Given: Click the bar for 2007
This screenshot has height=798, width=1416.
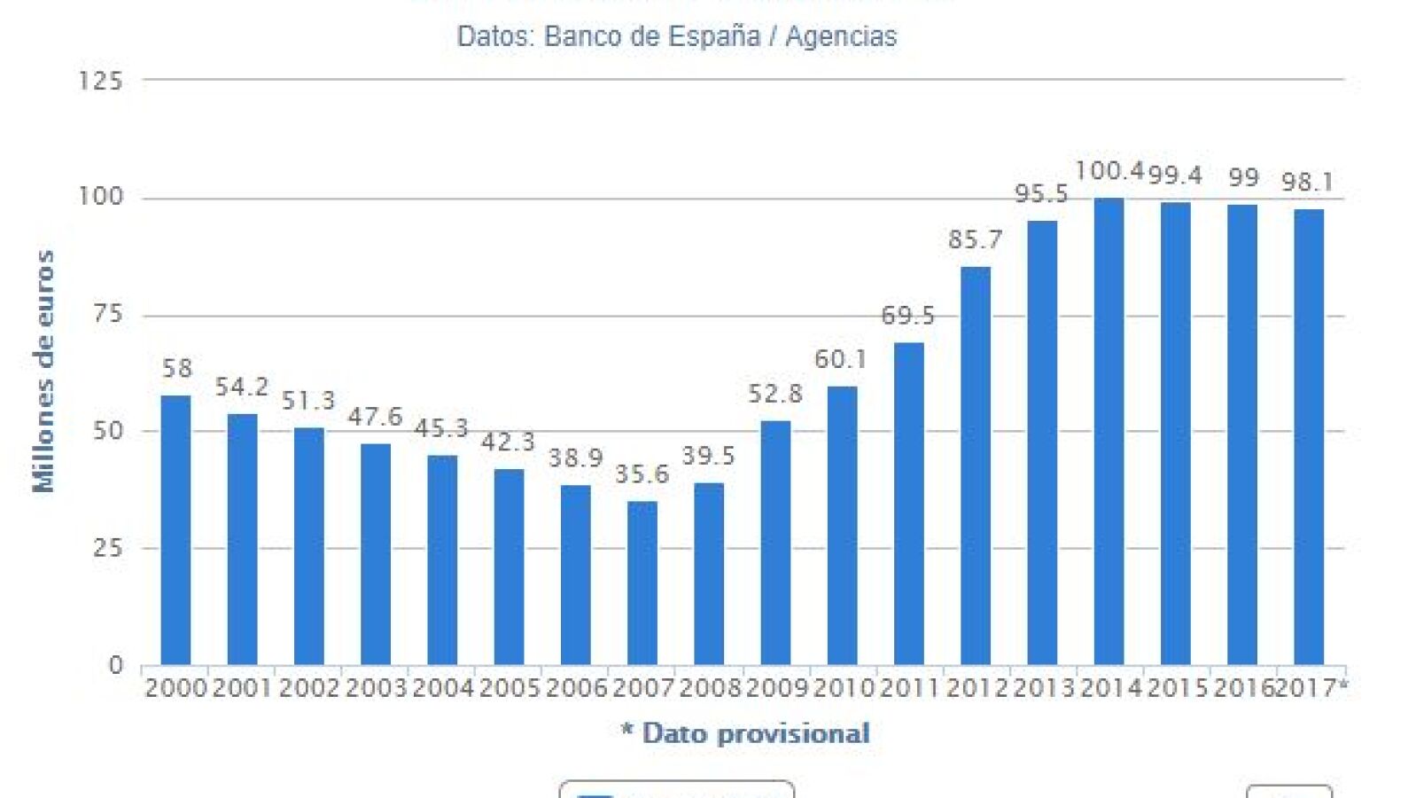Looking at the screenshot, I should tap(642, 583).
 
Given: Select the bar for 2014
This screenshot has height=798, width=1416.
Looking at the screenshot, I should tap(1109, 431).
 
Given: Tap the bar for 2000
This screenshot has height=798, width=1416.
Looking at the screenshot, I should tap(175, 530).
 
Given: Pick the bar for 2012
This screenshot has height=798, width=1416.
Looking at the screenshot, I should tap(976, 465).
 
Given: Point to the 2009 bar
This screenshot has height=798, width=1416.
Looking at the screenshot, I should tap(775, 543).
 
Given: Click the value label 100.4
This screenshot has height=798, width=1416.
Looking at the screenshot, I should tap(1109, 170).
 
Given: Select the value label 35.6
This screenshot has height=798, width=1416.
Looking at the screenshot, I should tap(642, 474).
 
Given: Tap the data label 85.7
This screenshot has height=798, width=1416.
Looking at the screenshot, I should tap(976, 239).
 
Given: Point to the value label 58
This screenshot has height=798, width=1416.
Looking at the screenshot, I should tap(177, 368).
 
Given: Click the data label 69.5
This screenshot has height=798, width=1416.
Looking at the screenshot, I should tap(908, 315).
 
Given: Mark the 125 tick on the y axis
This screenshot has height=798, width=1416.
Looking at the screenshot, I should tap(100, 81).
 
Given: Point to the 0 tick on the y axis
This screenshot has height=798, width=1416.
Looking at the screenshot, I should tap(115, 666).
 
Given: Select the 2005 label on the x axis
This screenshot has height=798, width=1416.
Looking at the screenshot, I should tap(510, 688).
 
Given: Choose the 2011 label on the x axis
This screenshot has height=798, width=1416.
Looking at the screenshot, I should tap(909, 688).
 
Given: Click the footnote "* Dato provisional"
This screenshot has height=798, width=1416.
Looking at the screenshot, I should tap(745, 733).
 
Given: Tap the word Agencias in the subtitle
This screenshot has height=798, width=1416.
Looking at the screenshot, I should tap(841, 36).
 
